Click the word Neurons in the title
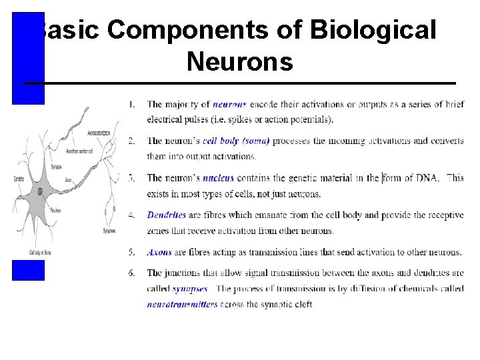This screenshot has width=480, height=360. (x=239, y=62)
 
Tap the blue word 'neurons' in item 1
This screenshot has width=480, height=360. (x=229, y=104)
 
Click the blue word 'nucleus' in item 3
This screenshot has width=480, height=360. (x=218, y=178)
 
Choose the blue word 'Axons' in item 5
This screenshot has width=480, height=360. (x=159, y=253)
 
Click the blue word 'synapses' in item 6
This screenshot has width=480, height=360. (x=190, y=289)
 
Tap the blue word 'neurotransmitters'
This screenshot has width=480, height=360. (x=182, y=305)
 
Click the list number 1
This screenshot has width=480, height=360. (x=131, y=104)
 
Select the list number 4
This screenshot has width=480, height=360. (x=131, y=215)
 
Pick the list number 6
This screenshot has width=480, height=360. (x=131, y=273)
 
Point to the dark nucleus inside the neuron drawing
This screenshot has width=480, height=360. (x=40, y=191)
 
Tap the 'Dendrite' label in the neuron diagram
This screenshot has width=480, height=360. (x=19, y=179)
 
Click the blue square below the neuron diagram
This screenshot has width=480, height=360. (x=28, y=270)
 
